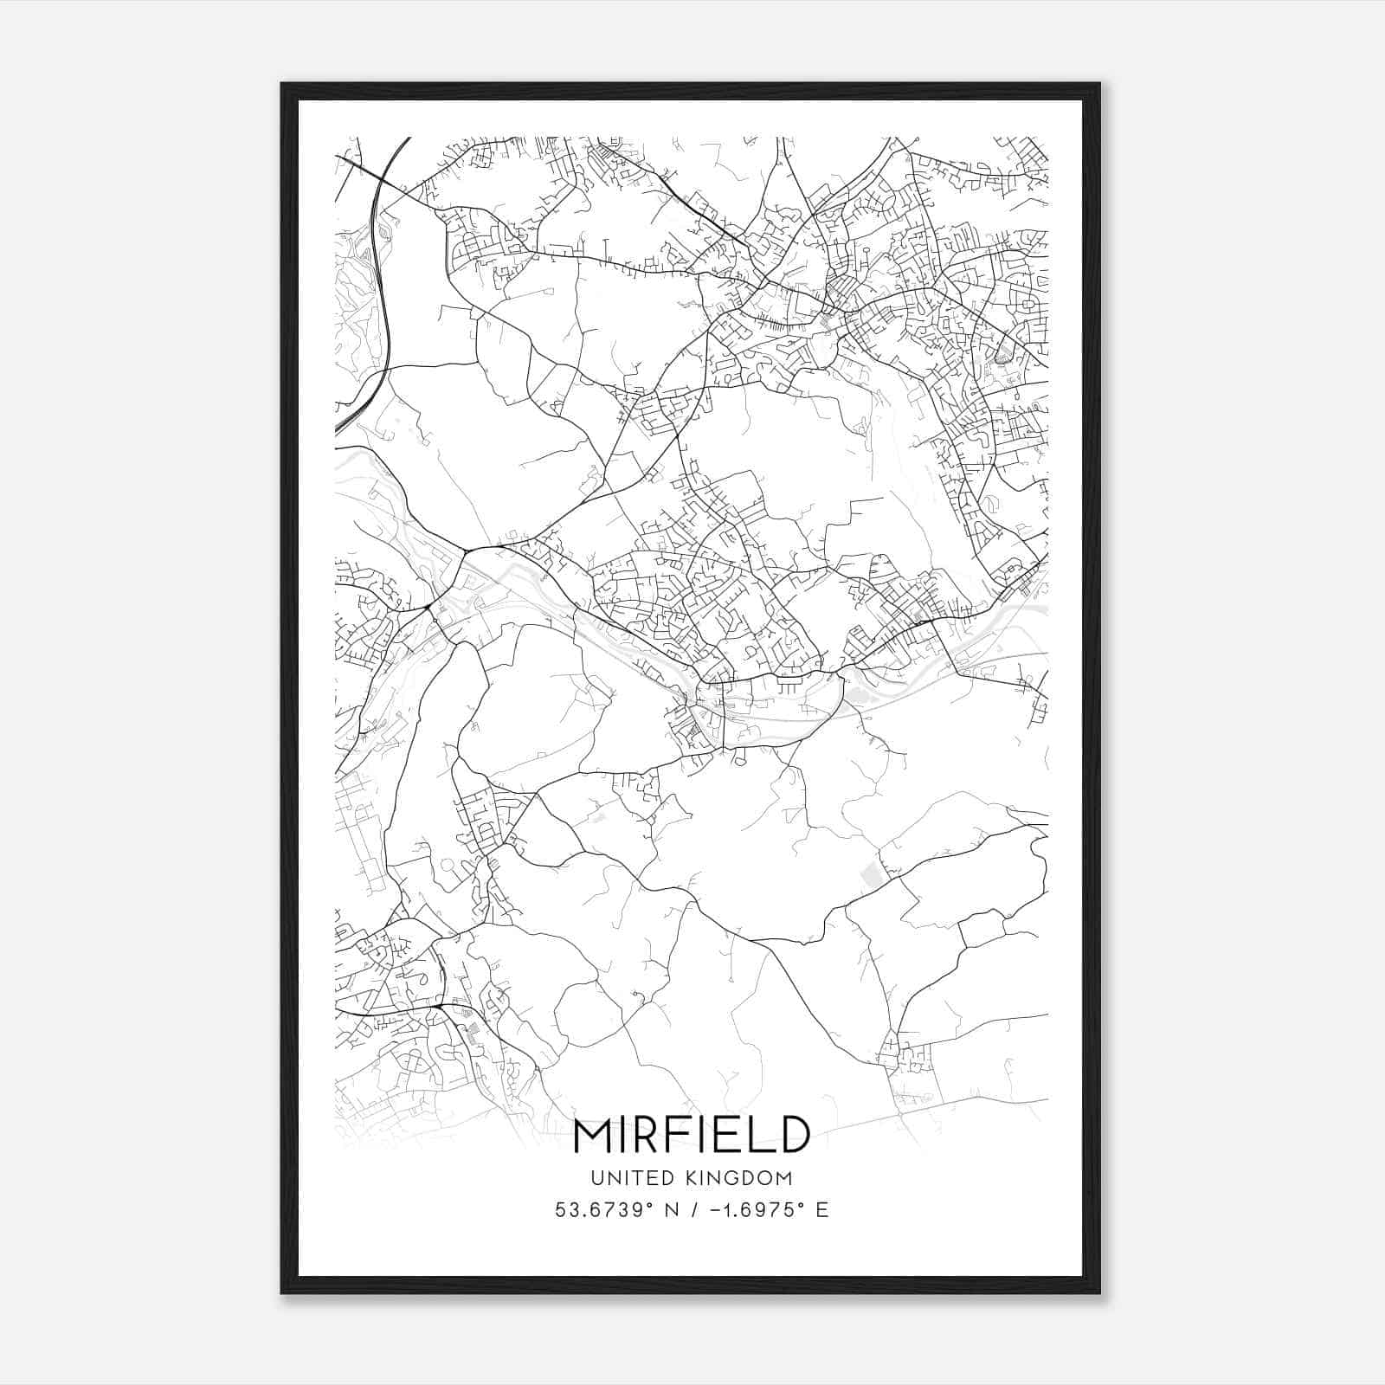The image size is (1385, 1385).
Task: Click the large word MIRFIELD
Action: pos(692,1135)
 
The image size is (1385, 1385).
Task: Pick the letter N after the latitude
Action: pos(666,1210)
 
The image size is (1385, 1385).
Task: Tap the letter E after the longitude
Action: pos(822,1210)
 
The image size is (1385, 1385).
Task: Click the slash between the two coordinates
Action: pos(690,1210)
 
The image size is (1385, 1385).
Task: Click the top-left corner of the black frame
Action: pos(282,84)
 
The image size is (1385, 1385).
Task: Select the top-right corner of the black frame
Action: pos(1099,84)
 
